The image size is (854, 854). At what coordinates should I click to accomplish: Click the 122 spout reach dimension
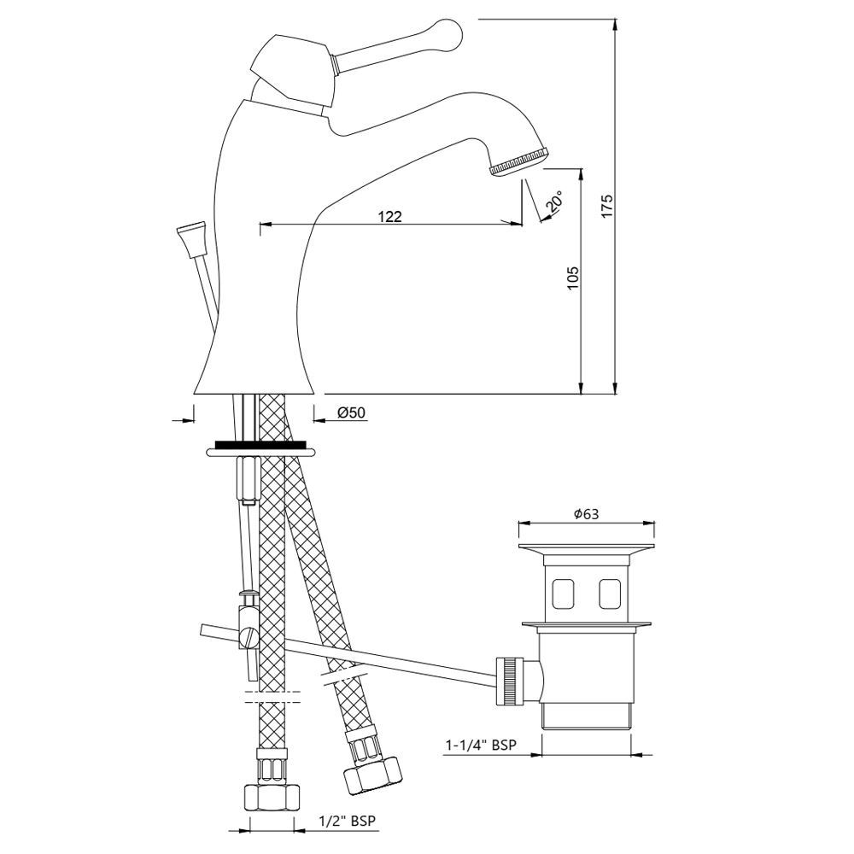390,216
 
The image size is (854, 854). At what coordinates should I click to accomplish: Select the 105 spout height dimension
572,278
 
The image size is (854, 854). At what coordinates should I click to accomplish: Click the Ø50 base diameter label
351,412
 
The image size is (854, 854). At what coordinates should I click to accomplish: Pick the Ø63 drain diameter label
586,513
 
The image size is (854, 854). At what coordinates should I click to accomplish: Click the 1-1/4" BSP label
481,745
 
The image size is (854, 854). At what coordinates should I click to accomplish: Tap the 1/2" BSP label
348,820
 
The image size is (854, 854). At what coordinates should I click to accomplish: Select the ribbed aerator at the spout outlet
520,161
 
